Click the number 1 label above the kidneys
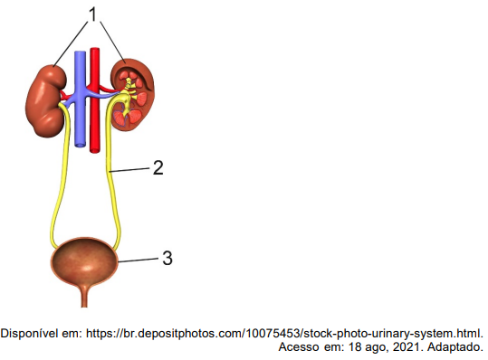tap(92, 14)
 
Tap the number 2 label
tap(158, 168)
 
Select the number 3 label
tap(167, 258)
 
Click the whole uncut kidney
tap(46, 100)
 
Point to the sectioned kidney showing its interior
tap(133, 94)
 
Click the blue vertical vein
tap(80, 99)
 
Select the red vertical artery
tap(94, 100)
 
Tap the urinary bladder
tap(84, 261)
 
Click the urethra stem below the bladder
tap(84, 296)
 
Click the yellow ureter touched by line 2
tap(112, 174)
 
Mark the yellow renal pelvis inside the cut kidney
tap(127, 97)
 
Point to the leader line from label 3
tap(139, 261)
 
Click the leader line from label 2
tap(130, 170)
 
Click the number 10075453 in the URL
tap(273, 334)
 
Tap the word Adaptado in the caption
tap(455, 346)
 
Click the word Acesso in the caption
tap(299, 346)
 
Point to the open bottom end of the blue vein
tap(80, 145)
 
